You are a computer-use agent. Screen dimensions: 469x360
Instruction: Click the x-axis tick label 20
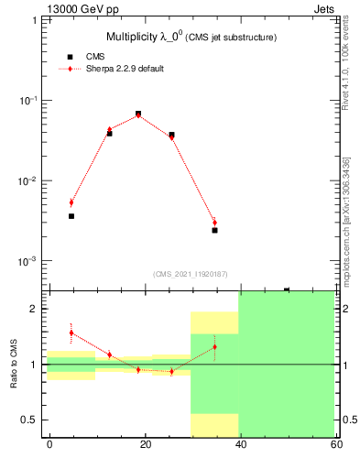[x=145, y=444]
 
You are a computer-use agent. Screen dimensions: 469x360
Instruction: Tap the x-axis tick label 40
[x=240, y=444]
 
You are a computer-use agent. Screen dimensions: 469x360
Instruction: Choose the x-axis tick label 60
[x=335, y=444]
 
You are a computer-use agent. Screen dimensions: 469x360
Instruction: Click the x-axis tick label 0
[x=49, y=444]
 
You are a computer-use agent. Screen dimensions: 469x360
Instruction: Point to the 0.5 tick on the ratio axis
[x=35, y=420]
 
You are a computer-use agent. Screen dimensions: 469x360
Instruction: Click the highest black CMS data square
[x=138, y=114]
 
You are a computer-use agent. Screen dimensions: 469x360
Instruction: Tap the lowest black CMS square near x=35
[x=214, y=230]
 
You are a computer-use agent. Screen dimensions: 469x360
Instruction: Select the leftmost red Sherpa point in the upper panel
[x=71, y=202]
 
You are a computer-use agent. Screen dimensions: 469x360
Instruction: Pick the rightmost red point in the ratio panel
[x=214, y=346]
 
